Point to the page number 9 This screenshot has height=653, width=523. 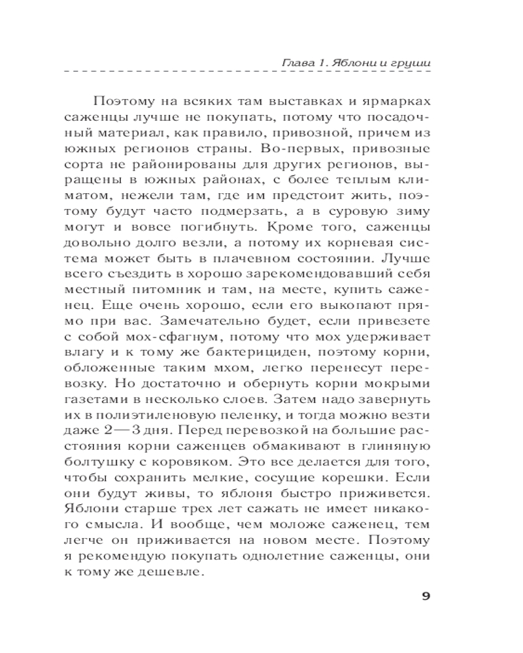(424, 596)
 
